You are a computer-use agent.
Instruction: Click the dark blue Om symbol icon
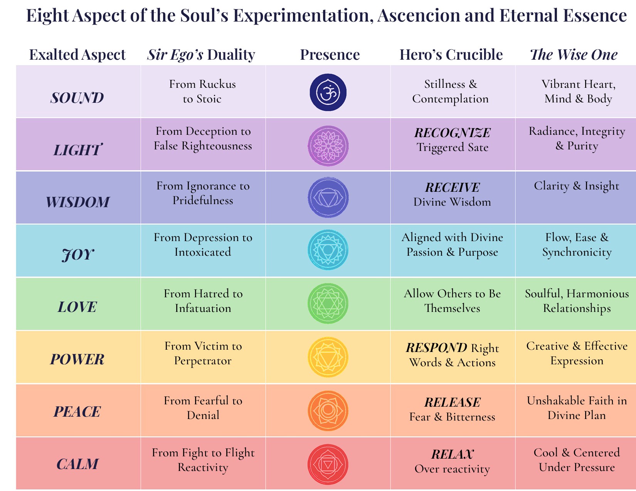pyautogui.click(x=328, y=92)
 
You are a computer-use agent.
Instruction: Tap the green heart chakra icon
pyautogui.click(x=328, y=303)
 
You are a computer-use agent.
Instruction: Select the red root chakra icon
pyautogui.click(x=328, y=464)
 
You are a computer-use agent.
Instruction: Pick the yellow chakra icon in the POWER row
pyautogui.click(x=328, y=357)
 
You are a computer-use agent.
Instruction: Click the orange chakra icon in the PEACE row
pyautogui.click(x=328, y=411)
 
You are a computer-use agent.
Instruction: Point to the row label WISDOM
pyautogui.click(x=77, y=202)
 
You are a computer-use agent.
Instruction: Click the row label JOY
pyautogui.click(x=77, y=255)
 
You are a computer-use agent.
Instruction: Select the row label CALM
pyautogui.click(x=77, y=464)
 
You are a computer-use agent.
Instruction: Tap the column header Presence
pyautogui.click(x=330, y=55)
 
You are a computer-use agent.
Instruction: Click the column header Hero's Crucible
pyautogui.click(x=451, y=55)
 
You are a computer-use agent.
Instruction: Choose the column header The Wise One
pyautogui.click(x=574, y=55)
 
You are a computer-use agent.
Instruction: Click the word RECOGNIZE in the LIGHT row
pyautogui.click(x=452, y=133)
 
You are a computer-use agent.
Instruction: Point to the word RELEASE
pyautogui.click(x=452, y=402)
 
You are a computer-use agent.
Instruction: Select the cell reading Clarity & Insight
pyautogui.click(x=576, y=186)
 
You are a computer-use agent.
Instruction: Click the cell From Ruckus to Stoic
pyautogui.click(x=202, y=91)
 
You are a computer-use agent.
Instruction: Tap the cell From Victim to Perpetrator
pyautogui.click(x=203, y=353)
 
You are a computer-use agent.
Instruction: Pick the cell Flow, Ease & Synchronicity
pyautogui.click(x=577, y=245)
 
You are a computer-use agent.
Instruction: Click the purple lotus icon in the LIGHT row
pyautogui.click(x=328, y=146)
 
